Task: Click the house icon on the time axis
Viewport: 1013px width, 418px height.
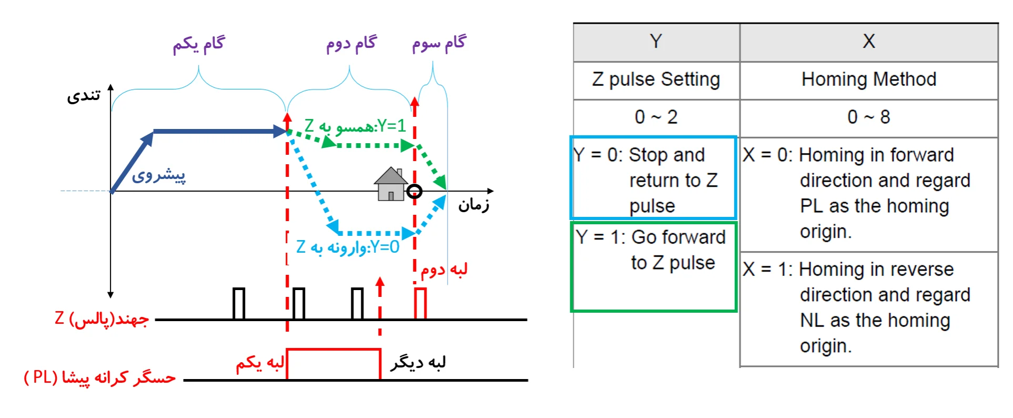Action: (x=390, y=184)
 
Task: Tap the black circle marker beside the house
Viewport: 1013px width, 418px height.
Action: (x=414, y=191)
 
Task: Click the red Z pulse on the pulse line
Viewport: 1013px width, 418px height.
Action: (x=420, y=303)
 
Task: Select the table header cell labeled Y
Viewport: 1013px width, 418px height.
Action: (x=656, y=42)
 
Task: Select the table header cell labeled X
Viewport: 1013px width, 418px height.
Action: (x=868, y=42)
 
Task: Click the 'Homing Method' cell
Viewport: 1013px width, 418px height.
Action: (x=868, y=80)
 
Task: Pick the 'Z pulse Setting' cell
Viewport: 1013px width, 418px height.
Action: (x=656, y=80)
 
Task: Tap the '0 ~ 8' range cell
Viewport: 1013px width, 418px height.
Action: (x=868, y=117)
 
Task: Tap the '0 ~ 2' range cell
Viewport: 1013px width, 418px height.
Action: (x=656, y=117)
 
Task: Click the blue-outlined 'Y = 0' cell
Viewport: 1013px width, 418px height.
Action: (x=653, y=178)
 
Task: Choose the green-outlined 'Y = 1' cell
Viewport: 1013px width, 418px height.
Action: (x=653, y=266)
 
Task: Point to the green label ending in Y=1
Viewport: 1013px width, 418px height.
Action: (x=355, y=126)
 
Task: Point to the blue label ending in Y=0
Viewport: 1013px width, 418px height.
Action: (x=348, y=247)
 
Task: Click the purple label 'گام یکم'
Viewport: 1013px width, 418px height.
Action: (x=199, y=44)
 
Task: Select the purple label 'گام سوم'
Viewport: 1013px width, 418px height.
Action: (x=439, y=43)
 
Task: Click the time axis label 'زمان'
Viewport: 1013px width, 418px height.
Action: (x=473, y=204)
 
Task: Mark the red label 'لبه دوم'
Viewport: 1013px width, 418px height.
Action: (x=444, y=270)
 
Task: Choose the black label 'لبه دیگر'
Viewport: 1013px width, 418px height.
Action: (x=418, y=363)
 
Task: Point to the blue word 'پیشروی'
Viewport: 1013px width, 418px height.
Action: (x=158, y=175)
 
